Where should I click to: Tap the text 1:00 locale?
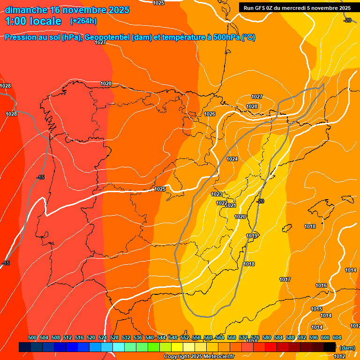coord(33,21)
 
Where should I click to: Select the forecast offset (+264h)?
coord(83,21)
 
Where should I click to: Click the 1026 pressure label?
coord(210,114)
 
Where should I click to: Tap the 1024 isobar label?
coord(232,159)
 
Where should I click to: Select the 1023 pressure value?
coord(216,194)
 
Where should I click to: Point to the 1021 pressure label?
coord(231,205)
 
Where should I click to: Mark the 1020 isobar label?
coord(240,217)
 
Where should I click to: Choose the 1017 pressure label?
coord(285,279)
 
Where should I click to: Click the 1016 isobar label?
coord(321,285)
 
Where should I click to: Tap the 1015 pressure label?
coord(316,309)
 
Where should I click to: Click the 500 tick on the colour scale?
coord(32,337)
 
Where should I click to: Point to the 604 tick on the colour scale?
coord(337,337)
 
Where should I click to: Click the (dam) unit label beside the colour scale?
coord(347,347)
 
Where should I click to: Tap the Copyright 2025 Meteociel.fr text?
coord(198,356)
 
